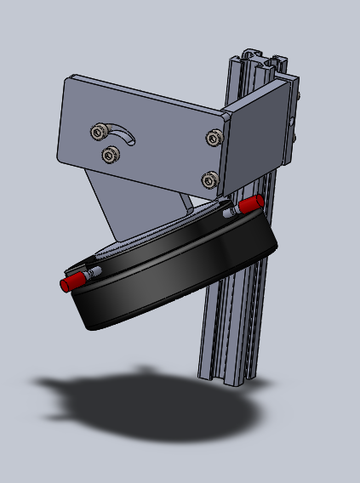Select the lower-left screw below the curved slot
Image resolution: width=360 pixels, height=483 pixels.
point(109,155)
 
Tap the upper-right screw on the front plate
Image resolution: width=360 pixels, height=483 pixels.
point(213,137)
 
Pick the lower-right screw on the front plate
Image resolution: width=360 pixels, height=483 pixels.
point(209,179)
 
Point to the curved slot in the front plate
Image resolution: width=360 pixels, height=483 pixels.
point(126,136)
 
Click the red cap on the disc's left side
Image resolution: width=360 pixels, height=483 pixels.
point(71,281)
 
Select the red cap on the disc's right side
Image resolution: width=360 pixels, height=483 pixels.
point(250,204)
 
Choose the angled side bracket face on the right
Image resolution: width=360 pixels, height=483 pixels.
point(260,136)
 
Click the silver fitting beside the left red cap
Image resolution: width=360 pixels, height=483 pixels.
point(93,273)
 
